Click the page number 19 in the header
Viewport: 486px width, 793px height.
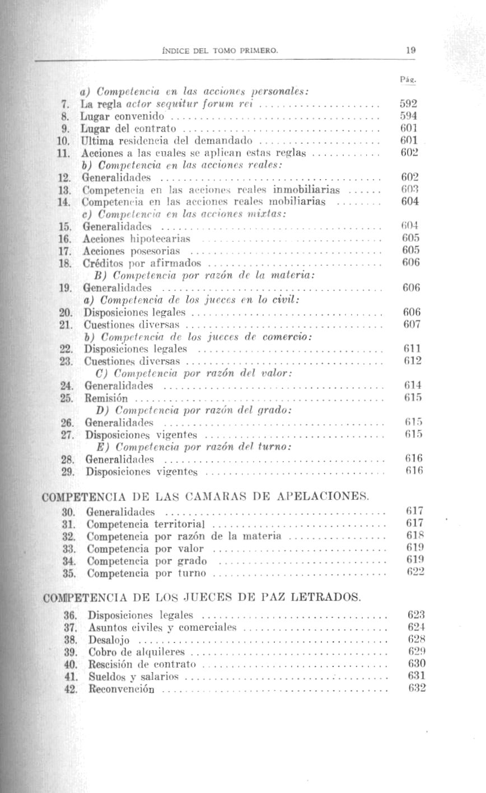coord(410,50)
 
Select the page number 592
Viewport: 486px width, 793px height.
coord(409,104)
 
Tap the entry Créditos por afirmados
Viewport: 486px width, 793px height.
coord(143,263)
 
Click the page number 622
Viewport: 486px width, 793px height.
coord(416,572)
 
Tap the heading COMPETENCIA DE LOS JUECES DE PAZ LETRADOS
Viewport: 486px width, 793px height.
coord(201,597)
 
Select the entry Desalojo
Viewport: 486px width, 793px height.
coord(109,640)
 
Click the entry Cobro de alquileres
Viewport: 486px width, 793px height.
coord(137,653)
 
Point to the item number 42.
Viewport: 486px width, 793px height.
coord(70,689)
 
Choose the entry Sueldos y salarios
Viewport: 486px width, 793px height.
coord(133,677)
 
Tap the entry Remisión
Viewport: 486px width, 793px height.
coord(106,398)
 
